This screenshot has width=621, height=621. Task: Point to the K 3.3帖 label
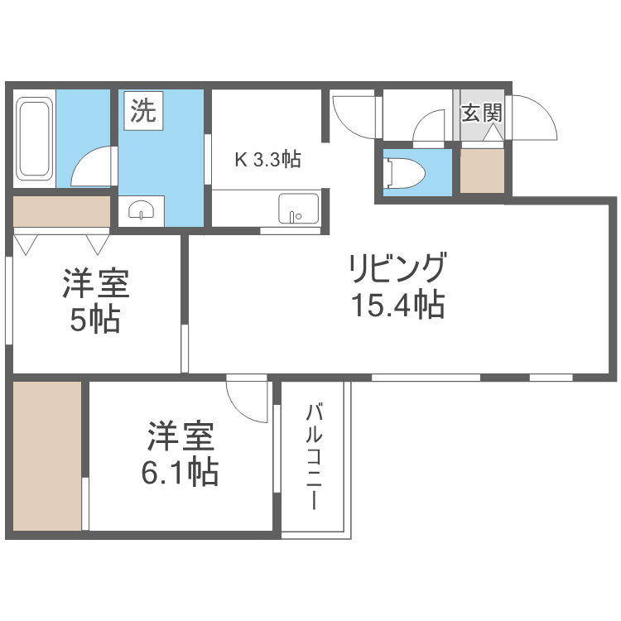pyautogui.click(x=267, y=159)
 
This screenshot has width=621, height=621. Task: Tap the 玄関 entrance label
pyautogui.click(x=481, y=111)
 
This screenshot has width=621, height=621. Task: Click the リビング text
pyautogui.click(x=397, y=270)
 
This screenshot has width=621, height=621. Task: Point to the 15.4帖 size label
pyautogui.click(x=397, y=306)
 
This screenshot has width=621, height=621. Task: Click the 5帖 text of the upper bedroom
pyautogui.click(x=94, y=319)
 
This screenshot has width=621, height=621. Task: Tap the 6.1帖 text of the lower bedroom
pyautogui.click(x=180, y=472)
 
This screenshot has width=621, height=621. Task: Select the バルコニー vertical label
pyautogui.click(x=314, y=455)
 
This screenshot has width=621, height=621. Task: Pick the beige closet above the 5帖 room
pyautogui.click(x=62, y=212)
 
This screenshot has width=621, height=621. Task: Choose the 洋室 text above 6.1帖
pyautogui.click(x=181, y=437)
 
